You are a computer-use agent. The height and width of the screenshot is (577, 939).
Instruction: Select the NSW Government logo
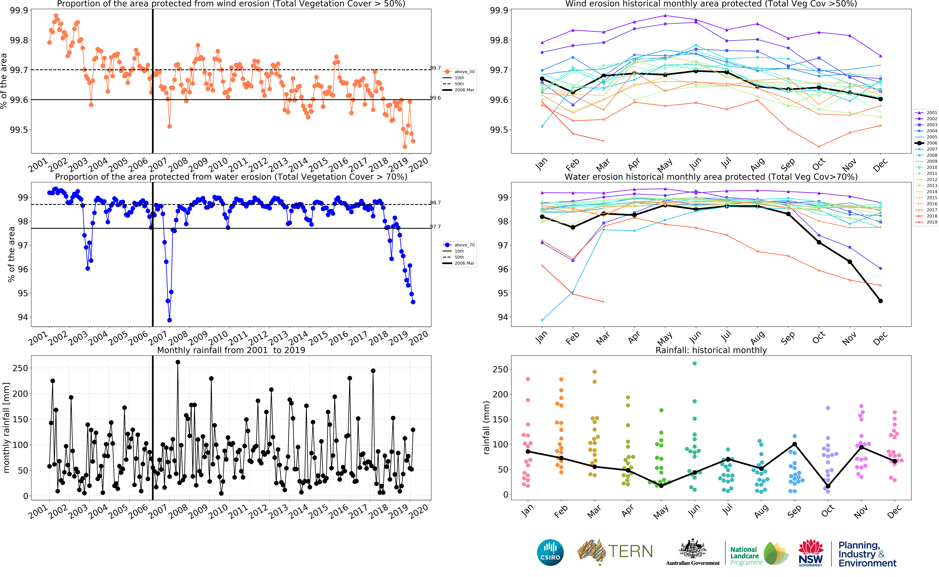coord(810,553)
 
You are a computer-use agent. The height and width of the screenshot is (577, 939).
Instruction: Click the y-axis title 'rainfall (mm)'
coord(486,427)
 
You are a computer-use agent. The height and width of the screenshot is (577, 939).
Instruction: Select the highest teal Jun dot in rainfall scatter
coord(695,363)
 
